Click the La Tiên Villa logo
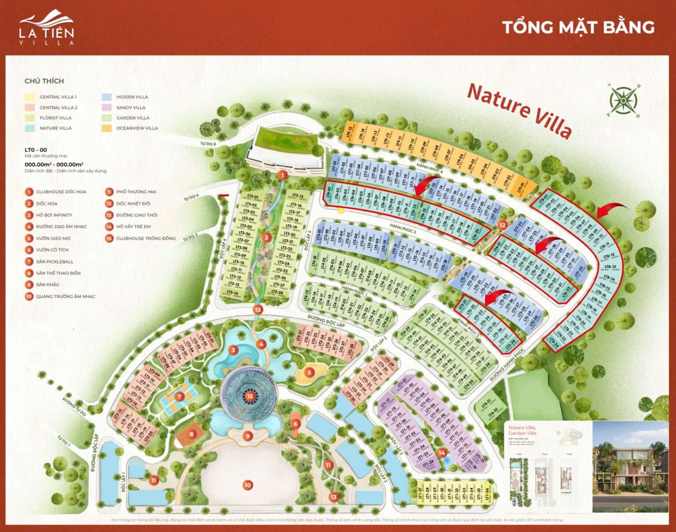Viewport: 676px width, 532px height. (47, 27)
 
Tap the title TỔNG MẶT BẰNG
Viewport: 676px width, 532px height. (578, 27)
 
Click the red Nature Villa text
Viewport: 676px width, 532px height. (519, 109)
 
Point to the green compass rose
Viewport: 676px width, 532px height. (624, 100)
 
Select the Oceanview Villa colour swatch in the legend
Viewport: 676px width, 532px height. (107, 128)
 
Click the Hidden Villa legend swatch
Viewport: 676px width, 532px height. (107, 97)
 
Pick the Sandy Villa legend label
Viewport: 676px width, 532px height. (131, 107)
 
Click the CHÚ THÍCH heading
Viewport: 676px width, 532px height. (44, 81)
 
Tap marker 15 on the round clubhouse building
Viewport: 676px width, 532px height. (250, 396)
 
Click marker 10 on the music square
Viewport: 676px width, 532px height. (247, 485)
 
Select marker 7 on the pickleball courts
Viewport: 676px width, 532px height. (179, 397)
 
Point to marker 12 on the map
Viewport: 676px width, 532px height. (503, 225)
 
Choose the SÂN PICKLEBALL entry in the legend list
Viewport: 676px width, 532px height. (55, 262)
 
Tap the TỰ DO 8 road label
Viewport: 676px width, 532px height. (208, 144)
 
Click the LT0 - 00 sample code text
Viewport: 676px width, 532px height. (36, 150)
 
